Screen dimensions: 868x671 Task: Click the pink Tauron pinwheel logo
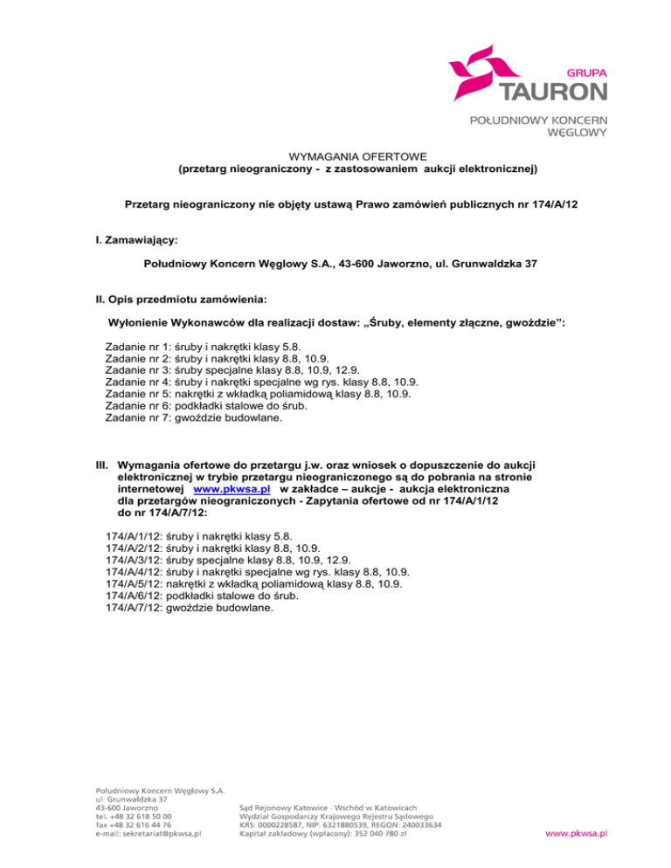481,72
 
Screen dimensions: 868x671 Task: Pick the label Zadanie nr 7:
138,417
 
